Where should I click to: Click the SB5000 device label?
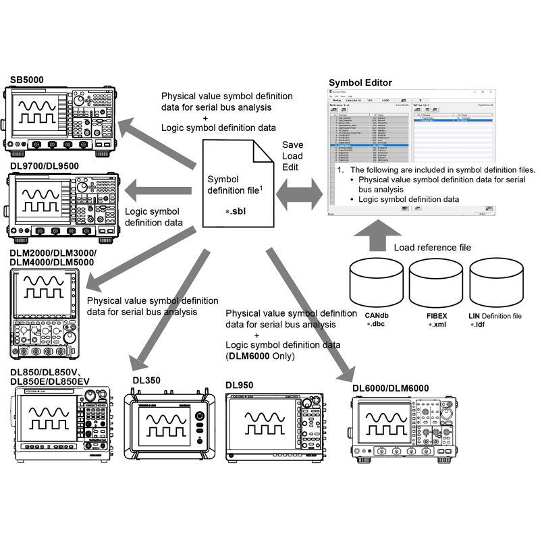point(27,80)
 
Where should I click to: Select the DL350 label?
point(146,381)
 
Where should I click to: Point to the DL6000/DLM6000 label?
point(390,388)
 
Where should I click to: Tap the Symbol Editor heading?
point(360,83)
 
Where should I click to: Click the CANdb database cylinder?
point(375,283)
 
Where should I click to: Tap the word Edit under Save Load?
point(292,167)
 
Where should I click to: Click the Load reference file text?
point(433,248)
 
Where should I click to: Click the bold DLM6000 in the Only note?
point(246,356)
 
